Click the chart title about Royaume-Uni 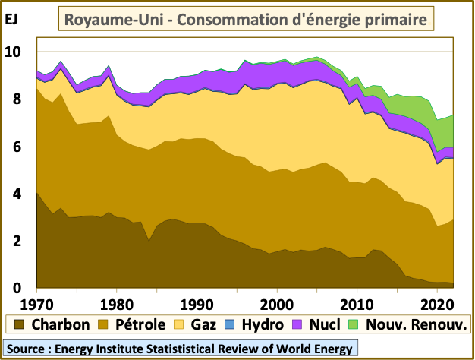coord(245,18)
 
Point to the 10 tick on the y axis coord(15,52)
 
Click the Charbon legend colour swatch coord(17,325)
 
